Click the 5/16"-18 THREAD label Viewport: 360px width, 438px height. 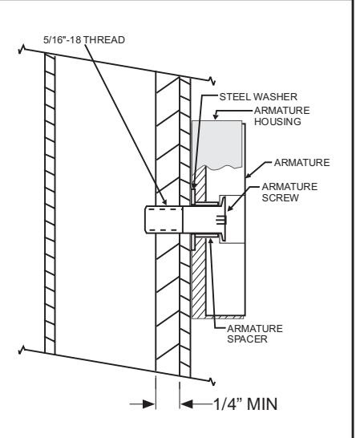click(x=84, y=40)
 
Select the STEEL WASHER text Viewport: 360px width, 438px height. click(x=258, y=97)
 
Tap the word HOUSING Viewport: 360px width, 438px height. click(x=277, y=122)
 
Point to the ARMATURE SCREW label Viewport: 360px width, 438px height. click(x=289, y=193)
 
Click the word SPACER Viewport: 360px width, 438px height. click(x=247, y=339)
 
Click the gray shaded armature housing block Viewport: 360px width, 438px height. click(x=217, y=144)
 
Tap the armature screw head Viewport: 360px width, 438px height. click(x=223, y=219)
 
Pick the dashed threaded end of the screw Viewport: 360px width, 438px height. click(x=164, y=220)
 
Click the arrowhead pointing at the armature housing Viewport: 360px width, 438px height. click(x=216, y=116)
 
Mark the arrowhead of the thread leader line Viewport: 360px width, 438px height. click(x=164, y=201)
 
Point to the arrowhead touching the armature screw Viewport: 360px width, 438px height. click(x=230, y=208)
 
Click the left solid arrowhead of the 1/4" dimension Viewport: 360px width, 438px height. click(x=149, y=404)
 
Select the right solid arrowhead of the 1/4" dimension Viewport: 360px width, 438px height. click(x=186, y=404)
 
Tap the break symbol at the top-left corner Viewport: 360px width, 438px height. click(x=22, y=50)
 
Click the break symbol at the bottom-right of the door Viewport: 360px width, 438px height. click(x=212, y=381)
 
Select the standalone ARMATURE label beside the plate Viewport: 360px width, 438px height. click(x=302, y=163)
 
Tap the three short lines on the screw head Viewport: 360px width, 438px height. click(x=220, y=220)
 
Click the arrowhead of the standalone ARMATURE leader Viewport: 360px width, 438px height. click(x=249, y=175)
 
